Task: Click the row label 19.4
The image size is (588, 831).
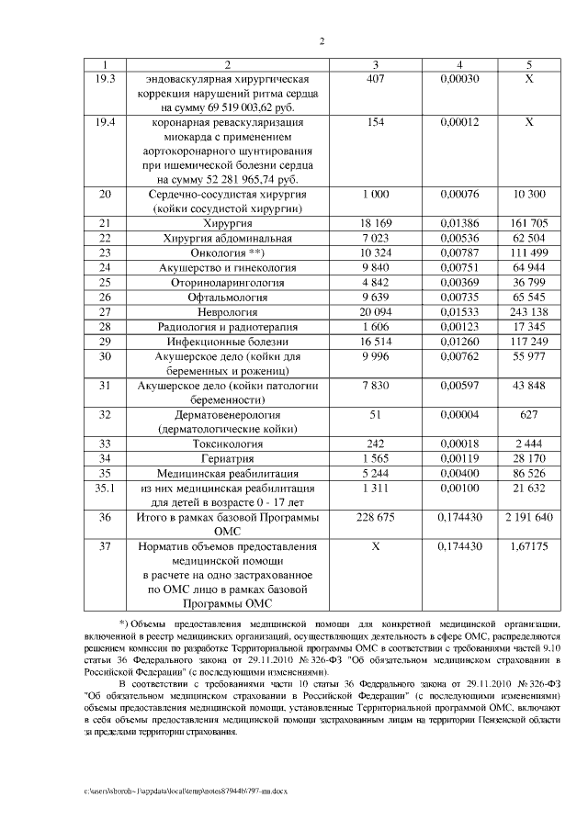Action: (105, 122)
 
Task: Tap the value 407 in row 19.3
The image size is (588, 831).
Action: (374, 79)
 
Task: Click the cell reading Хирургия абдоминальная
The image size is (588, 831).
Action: (227, 238)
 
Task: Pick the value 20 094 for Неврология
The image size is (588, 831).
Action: (374, 312)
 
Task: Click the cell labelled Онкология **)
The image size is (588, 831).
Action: (227, 253)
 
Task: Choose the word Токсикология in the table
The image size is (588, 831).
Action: (227, 444)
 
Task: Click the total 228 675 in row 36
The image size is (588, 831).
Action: (374, 518)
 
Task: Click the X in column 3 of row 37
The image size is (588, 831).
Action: (374, 547)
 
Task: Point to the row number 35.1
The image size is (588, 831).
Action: (105, 488)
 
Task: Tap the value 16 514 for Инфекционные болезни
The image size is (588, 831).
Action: (374, 342)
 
